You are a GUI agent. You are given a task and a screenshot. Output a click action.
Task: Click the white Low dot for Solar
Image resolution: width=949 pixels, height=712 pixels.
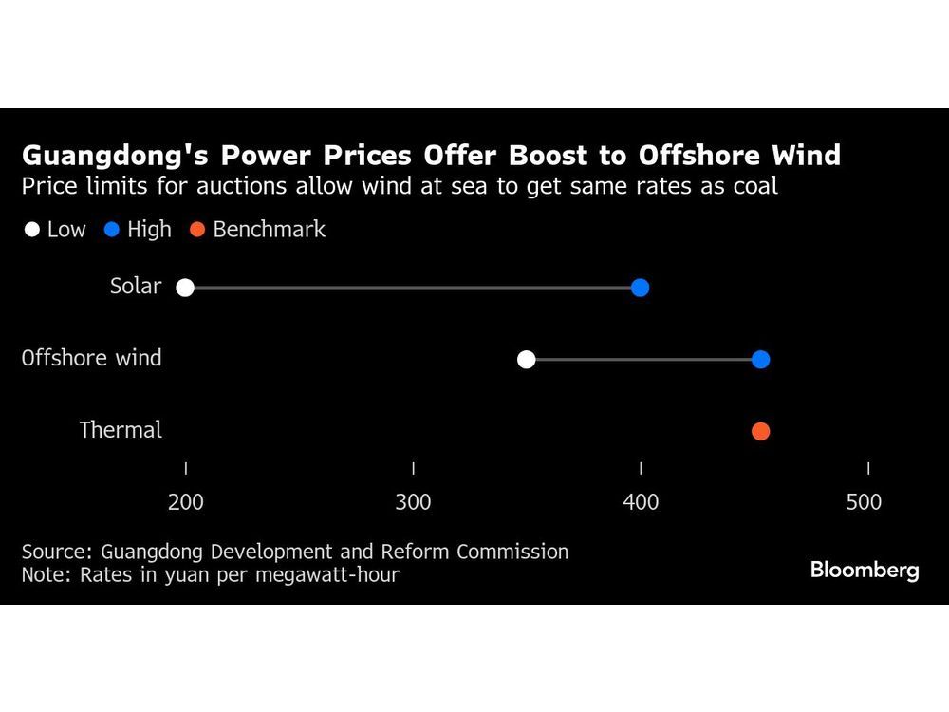coord(185,288)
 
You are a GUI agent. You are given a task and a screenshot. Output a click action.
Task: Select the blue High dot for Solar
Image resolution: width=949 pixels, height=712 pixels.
coord(640,288)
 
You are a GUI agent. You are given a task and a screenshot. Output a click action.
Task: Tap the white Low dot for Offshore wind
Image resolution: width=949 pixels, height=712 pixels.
coord(527,360)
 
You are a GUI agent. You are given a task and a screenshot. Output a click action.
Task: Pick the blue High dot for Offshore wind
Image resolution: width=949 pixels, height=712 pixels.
coord(760,360)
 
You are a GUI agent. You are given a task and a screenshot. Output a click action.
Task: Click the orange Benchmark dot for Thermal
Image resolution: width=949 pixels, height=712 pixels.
coord(760,432)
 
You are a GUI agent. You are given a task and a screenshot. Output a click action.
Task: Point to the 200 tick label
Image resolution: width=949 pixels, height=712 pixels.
coord(185,501)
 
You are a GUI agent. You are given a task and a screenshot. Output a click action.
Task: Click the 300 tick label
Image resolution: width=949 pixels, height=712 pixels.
coord(413,501)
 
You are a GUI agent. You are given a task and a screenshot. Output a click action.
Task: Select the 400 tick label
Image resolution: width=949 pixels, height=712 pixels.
coord(641,501)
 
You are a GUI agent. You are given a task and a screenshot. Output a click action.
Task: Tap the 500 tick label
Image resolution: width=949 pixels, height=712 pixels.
coord(864,501)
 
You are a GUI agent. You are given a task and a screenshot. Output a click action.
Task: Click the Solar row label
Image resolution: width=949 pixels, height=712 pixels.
coord(136,287)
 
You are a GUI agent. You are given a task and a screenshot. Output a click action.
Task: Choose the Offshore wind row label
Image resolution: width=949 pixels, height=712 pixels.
coord(92,358)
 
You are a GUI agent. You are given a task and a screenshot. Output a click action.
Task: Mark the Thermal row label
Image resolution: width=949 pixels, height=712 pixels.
coord(121,430)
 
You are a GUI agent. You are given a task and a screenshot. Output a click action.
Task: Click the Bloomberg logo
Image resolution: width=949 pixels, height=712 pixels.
coord(865,571)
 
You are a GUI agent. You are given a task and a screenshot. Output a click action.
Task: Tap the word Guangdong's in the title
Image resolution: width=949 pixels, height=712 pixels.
coord(105,156)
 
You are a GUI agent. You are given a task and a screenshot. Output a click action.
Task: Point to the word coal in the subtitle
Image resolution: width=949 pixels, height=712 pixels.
coord(754,186)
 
